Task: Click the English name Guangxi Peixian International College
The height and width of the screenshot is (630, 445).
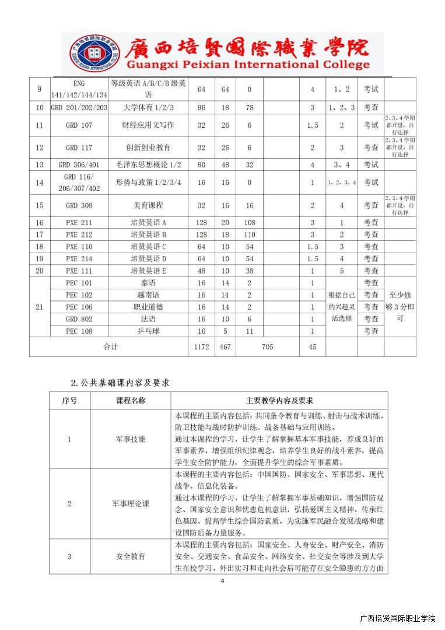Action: (x=239, y=65)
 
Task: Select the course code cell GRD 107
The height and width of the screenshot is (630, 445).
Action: (x=79, y=125)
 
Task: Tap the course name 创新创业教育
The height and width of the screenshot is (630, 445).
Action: (x=148, y=148)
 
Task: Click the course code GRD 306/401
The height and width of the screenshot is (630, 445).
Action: (x=79, y=165)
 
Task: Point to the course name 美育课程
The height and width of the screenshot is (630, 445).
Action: (x=148, y=205)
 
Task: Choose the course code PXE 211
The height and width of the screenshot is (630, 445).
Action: (x=79, y=223)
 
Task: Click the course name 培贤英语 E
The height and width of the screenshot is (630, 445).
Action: (x=148, y=271)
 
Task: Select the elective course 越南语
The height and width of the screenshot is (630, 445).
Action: (x=148, y=295)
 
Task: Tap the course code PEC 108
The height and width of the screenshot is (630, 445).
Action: (x=79, y=331)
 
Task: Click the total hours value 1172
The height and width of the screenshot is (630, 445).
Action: (x=201, y=347)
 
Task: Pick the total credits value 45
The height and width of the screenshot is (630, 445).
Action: (x=313, y=347)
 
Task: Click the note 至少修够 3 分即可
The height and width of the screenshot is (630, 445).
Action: (x=400, y=307)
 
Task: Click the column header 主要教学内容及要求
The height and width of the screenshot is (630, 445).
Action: (x=279, y=401)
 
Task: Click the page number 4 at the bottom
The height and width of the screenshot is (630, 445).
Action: (x=222, y=580)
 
